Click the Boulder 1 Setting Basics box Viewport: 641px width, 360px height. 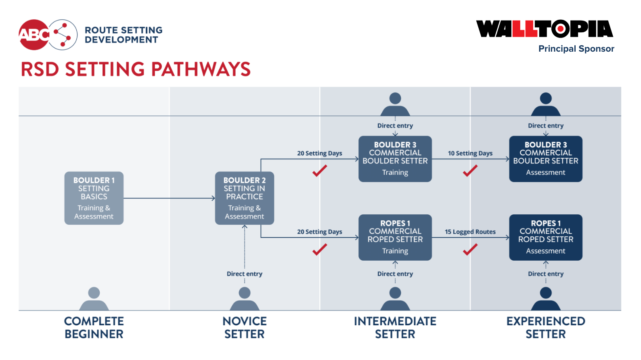[x=94, y=198]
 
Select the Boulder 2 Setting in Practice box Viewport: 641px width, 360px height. [x=244, y=198]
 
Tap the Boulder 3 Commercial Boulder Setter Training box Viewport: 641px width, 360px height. [x=395, y=159]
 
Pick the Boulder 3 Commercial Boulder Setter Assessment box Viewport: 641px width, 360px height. [x=545, y=159]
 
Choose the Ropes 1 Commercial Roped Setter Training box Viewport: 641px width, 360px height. [x=395, y=237]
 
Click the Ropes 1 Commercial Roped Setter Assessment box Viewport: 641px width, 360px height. [x=545, y=237]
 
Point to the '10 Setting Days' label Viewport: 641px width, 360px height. [x=470, y=153]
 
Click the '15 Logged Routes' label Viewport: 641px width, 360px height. [x=470, y=232]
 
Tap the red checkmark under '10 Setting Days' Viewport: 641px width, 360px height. [x=470, y=171]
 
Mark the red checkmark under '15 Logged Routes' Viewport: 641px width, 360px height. [x=470, y=249]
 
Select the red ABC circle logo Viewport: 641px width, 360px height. [x=34, y=35]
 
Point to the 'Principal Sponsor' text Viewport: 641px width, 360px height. [x=576, y=49]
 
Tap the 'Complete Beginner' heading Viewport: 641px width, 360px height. [x=94, y=327]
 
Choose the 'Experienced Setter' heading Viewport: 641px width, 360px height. [x=545, y=327]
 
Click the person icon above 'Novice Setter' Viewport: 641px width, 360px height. [x=244, y=298]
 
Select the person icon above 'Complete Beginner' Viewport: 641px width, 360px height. [x=94, y=298]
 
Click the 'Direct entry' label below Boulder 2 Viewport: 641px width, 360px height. [x=244, y=274]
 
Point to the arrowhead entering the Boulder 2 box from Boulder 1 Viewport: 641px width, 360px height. [x=213, y=198]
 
